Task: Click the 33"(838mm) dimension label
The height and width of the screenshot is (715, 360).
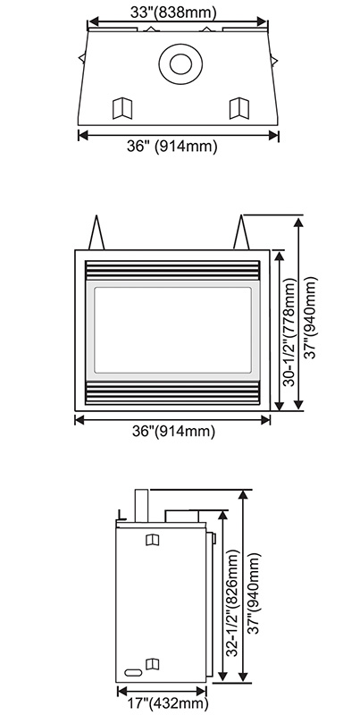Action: pos(173,12)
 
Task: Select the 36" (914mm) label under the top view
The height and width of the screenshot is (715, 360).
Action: pos(172,147)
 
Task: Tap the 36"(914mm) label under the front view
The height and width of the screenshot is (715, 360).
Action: pos(173,432)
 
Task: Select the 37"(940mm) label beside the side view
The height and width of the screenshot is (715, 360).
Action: pos(255,593)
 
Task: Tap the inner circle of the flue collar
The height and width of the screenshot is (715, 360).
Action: pos(180,63)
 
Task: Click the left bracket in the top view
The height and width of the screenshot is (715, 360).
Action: pos(122,108)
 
